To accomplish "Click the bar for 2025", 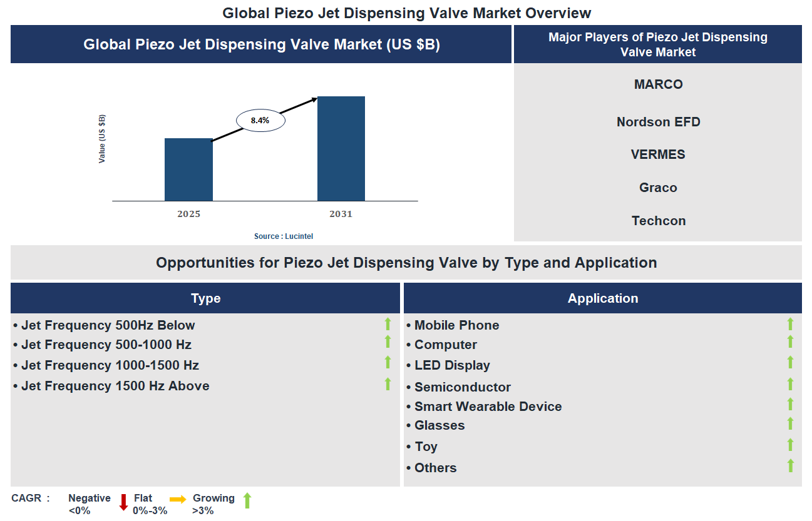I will (x=188, y=169).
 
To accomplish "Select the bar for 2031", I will (x=341, y=149).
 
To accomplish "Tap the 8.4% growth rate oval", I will (x=260, y=121).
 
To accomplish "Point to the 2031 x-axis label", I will (x=341, y=214).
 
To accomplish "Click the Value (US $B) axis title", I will (x=102, y=139).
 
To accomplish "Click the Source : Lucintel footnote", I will (x=284, y=236).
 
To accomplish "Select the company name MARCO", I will (x=658, y=84).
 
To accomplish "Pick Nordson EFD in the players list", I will (x=658, y=122).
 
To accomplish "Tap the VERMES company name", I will (x=658, y=154).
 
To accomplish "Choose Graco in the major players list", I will (x=658, y=188).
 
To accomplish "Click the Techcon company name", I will (x=658, y=221).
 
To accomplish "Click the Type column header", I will (x=205, y=298).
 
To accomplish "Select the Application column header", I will (x=602, y=298).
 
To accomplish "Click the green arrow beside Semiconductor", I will (x=790, y=384).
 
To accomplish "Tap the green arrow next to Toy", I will (x=790, y=445).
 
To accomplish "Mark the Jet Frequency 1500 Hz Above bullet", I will (x=115, y=386).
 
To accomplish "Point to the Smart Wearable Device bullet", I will (x=488, y=407).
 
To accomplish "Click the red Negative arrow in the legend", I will (x=123, y=502).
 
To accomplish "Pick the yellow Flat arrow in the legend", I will (x=178, y=499).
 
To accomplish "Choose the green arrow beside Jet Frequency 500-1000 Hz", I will (x=388, y=341).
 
